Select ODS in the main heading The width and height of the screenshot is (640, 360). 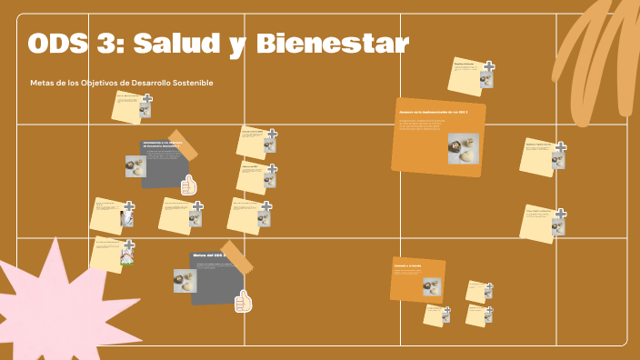62,43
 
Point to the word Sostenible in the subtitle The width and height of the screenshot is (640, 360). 193,83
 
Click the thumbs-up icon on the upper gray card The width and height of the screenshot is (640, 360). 189,185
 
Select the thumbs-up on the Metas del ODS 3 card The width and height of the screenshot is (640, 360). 243,301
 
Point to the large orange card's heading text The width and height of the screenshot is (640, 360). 433,112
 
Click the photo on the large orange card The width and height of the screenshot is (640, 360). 463,149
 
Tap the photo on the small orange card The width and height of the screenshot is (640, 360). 432,286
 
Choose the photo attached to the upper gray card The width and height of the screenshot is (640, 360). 135,166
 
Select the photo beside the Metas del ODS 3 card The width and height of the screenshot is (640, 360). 185,280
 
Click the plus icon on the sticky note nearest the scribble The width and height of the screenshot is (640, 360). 489,66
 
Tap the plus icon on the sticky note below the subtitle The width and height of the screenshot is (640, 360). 146,99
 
